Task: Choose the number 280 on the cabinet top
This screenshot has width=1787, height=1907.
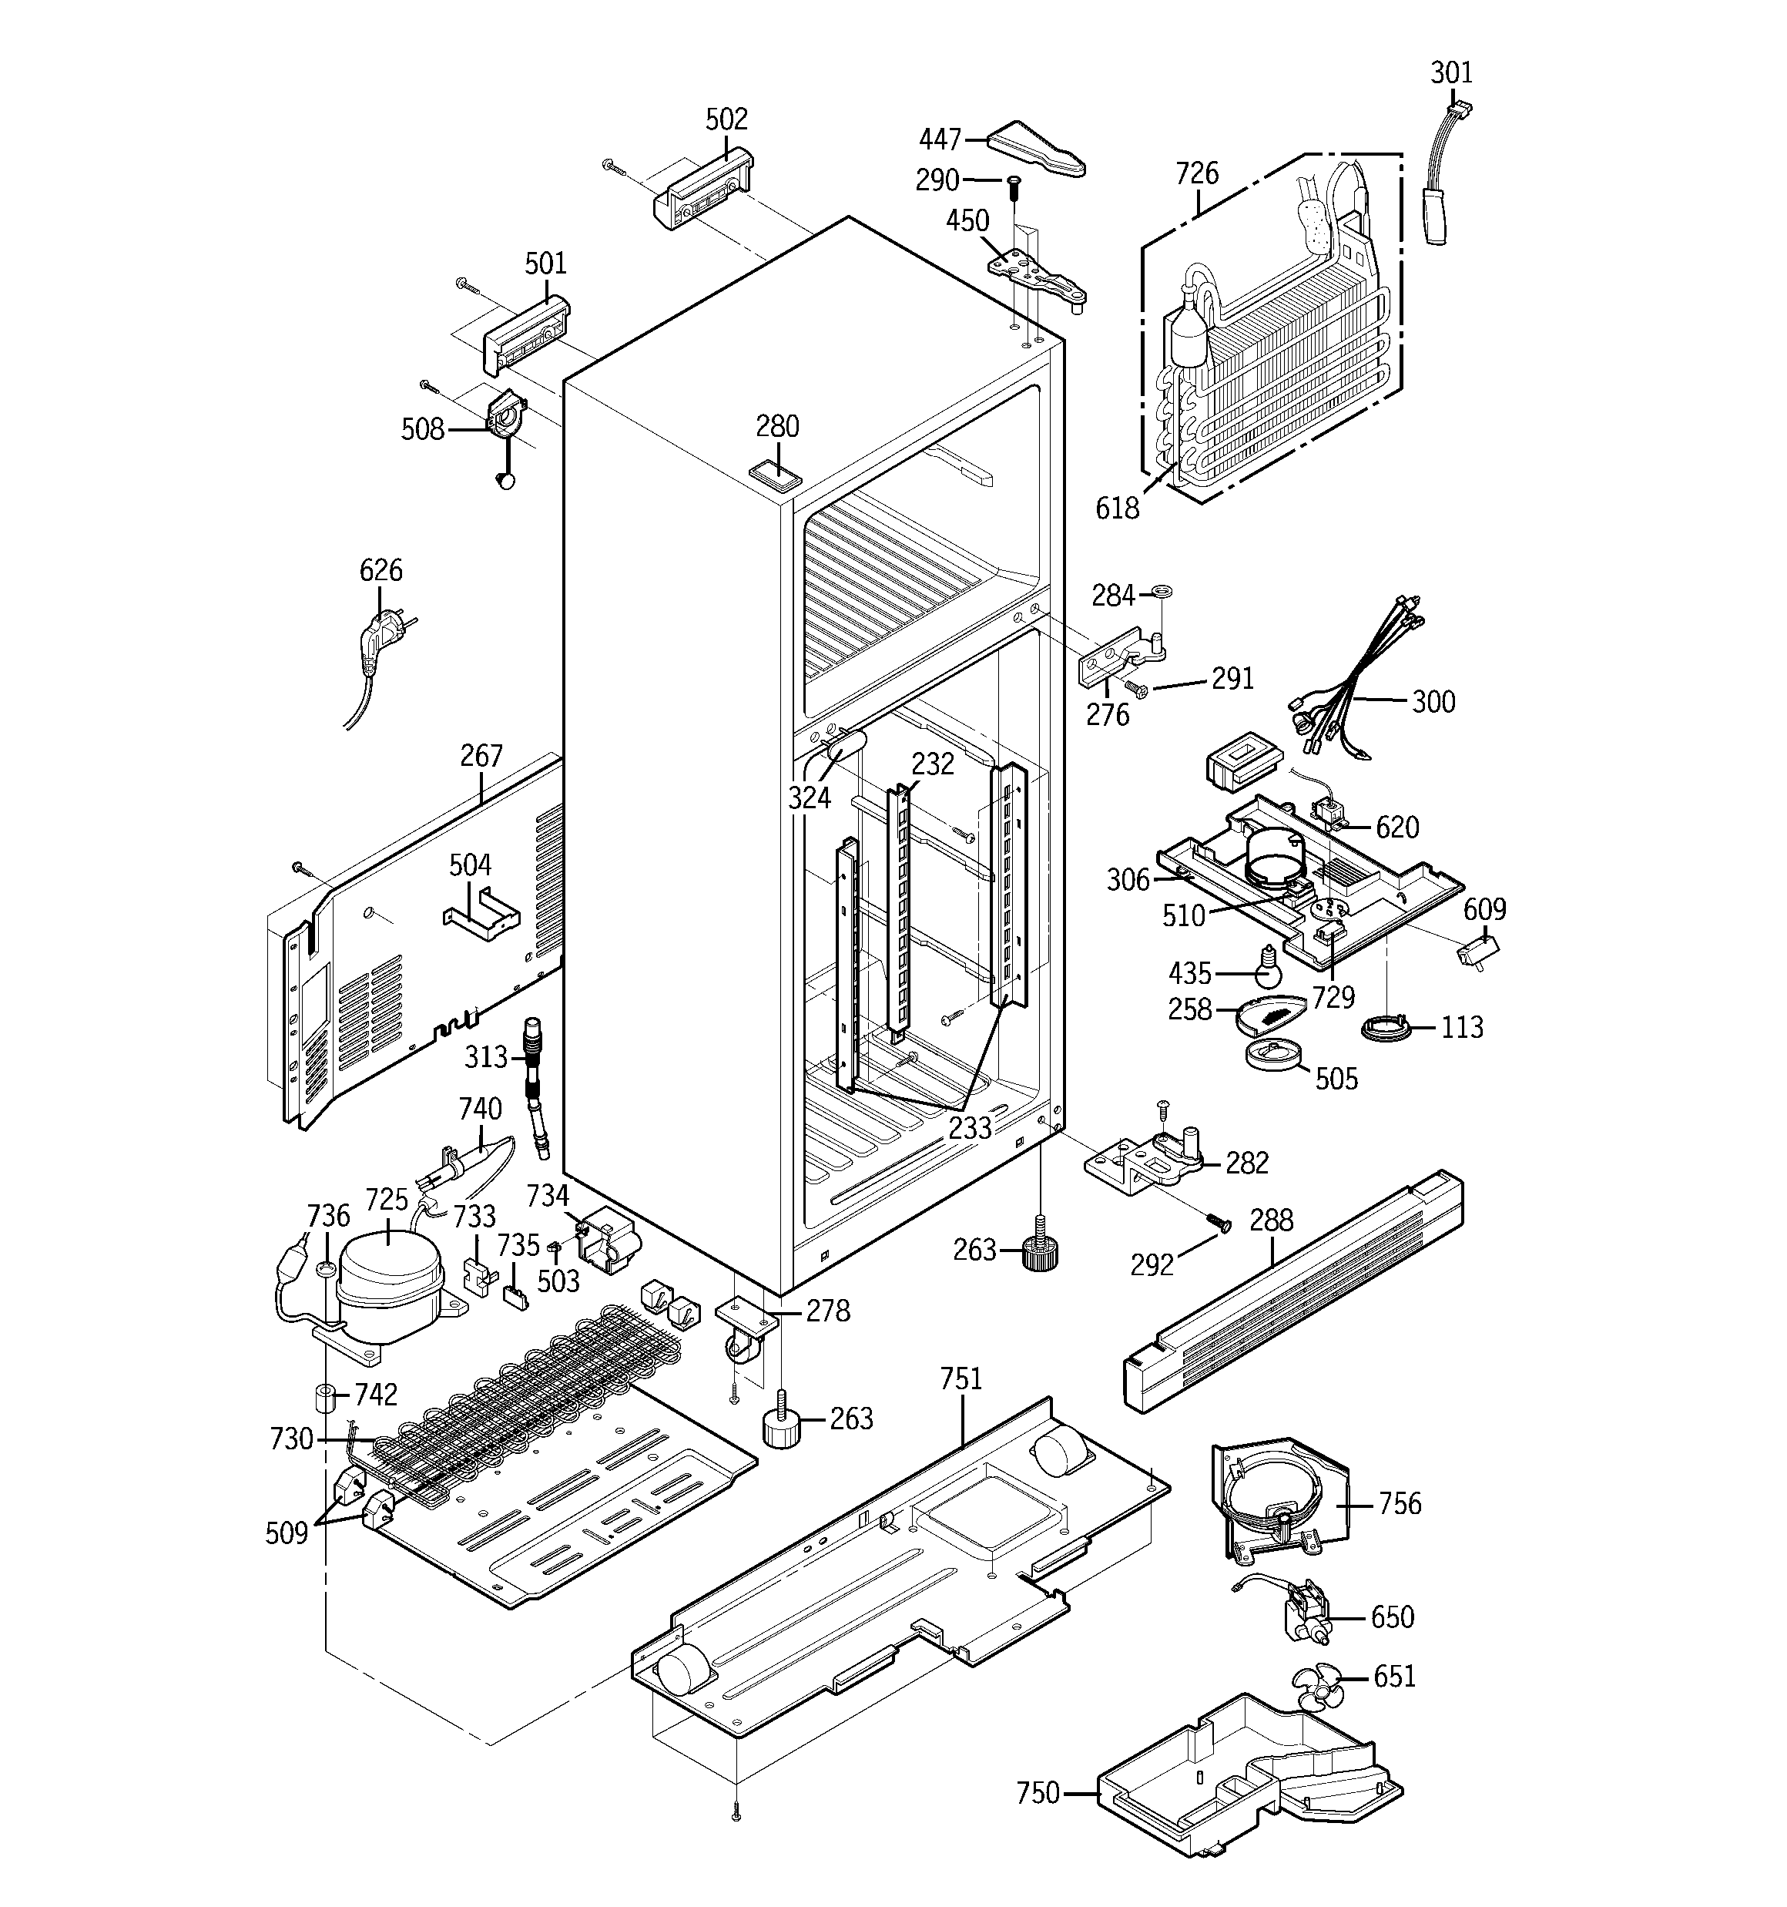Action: click(777, 426)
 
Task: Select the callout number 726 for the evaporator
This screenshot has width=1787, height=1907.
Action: click(1196, 173)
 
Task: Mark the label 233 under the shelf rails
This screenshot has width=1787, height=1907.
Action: click(970, 1128)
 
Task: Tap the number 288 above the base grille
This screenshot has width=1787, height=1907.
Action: click(1271, 1220)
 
